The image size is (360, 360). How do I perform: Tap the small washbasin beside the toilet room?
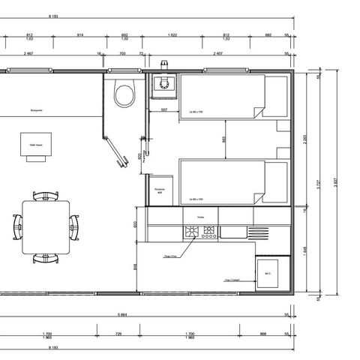click(x=161, y=86)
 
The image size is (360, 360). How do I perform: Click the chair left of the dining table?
click(x=18, y=223)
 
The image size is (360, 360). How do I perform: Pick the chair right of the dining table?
click(x=73, y=223)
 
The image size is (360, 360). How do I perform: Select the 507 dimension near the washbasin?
click(x=165, y=110)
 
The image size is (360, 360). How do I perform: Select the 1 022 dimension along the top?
click(x=172, y=35)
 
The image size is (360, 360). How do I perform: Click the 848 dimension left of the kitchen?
click(x=135, y=266)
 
